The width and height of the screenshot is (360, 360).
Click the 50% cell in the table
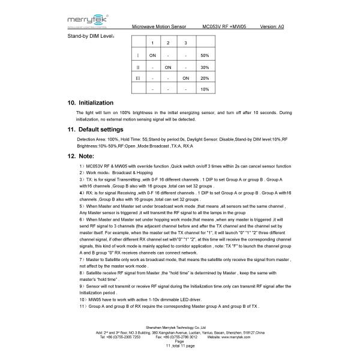205,55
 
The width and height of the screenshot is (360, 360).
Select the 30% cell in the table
205,67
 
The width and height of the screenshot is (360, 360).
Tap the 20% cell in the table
205,78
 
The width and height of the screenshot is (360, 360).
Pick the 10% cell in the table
205,89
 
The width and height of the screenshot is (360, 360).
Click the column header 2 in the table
169,43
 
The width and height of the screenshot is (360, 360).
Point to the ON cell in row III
185,78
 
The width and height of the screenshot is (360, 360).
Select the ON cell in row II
169,67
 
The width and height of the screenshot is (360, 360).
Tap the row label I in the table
139,55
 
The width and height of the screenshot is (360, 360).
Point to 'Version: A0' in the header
277,28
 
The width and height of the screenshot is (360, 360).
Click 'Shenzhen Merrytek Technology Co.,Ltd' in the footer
180,328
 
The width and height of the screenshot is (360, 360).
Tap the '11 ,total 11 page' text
180,344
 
